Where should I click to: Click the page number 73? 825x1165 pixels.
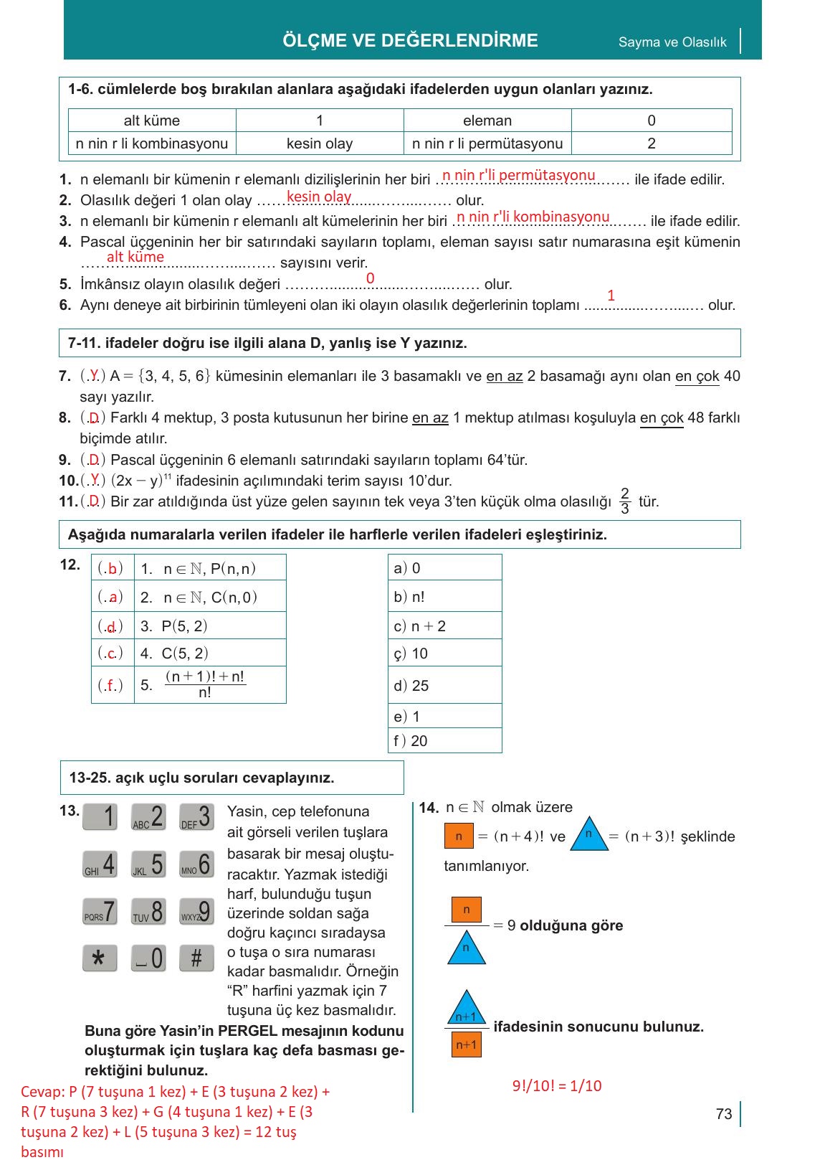pyautogui.click(x=723, y=1113)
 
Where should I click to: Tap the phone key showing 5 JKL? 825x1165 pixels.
pyautogui.click(x=148, y=864)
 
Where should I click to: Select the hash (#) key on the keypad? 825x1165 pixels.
pyautogui.click(x=196, y=958)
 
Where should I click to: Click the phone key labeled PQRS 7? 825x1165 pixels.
pyautogui.click(x=100, y=911)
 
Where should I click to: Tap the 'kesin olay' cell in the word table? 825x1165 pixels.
pyautogui.click(x=320, y=143)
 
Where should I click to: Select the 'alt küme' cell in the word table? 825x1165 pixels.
pyautogui.click(x=152, y=121)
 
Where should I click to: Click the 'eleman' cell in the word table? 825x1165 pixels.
pyautogui.click(x=487, y=121)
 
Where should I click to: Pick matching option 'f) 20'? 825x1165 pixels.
pyautogui.click(x=444, y=741)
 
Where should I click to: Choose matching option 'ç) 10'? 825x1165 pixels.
pyautogui.click(x=444, y=654)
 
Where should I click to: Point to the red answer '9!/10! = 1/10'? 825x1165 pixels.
pyautogui.click(x=557, y=1085)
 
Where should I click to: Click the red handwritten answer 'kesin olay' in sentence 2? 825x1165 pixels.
pyautogui.click(x=319, y=197)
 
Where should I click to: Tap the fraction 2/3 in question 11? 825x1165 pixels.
pyautogui.click(x=625, y=501)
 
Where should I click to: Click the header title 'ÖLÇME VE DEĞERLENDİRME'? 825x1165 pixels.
pyautogui.click(x=410, y=40)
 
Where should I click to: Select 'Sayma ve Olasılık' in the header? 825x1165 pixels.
pyautogui.click(x=672, y=42)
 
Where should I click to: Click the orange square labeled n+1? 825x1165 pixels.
pyautogui.click(x=466, y=1044)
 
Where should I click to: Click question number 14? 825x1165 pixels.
pyautogui.click(x=428, y=808)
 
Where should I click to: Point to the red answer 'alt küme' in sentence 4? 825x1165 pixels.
pyautogui.click(x=135, y=257)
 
